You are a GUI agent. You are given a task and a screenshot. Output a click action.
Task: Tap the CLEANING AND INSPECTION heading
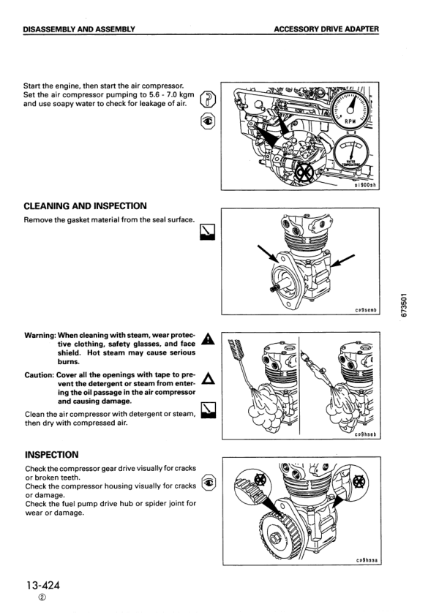tap(85, 206)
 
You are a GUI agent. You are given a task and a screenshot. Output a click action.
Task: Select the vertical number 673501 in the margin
tap(405, 302)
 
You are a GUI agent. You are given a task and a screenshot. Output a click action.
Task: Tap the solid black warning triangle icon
tap(208, 339)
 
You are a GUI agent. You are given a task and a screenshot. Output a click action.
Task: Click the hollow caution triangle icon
tap(208, 377)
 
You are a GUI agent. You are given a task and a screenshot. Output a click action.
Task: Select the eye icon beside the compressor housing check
tap(208, 483)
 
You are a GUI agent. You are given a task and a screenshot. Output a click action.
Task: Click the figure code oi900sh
tap(362, 186)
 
